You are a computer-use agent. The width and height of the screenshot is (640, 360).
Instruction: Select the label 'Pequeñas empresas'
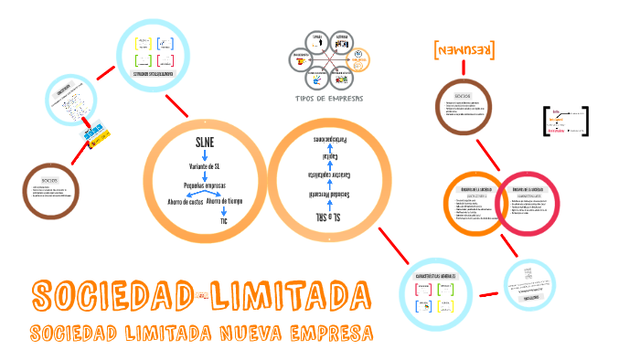point(205,185)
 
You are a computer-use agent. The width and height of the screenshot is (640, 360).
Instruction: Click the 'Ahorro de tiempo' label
point(225,201)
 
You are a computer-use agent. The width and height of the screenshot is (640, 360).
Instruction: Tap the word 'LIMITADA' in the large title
point(289,296)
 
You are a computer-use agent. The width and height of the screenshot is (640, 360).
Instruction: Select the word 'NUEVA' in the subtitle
point(244,332)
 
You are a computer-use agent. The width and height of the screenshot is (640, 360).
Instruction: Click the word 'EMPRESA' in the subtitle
point(328,332)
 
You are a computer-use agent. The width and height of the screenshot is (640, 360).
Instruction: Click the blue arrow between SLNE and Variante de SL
point(205,155)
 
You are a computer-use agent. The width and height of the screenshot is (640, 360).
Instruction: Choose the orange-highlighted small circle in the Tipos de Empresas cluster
point(359,58)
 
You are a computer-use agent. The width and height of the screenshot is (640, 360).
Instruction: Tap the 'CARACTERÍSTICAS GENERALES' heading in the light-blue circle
point(435,273)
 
